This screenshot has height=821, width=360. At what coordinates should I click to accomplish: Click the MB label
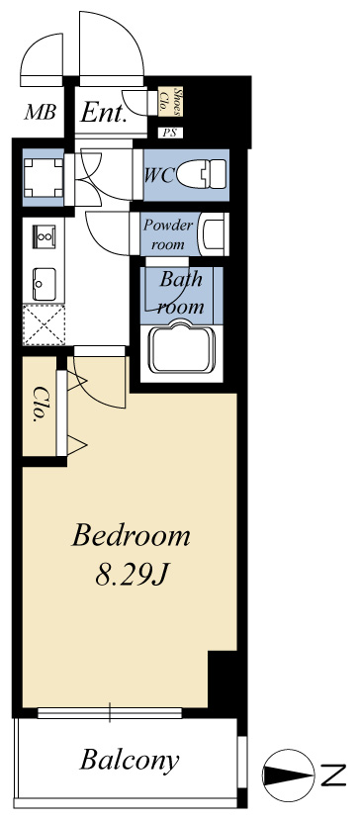pos(41,112)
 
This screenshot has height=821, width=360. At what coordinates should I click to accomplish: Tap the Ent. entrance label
pos(103,112)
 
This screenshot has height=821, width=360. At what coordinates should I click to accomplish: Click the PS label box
pos(170,133)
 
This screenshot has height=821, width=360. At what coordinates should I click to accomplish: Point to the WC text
pos(159,176)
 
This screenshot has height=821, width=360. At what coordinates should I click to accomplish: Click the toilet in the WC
pos(202,173)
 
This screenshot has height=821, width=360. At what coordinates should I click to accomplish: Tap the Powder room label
pos(168,234)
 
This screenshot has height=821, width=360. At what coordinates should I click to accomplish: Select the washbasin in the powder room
pos(213,234)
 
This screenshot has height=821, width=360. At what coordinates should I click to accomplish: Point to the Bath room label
pos(181,292)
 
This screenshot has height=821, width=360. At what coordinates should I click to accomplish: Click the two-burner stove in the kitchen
pos(44,236)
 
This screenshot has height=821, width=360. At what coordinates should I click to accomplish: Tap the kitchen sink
pos(44,284)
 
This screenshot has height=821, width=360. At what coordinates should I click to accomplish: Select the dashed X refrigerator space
pos(44,324)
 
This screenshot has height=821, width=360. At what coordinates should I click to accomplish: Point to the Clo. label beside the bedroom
pos(39,404)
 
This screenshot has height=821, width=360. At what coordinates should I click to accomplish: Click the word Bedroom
pos(131,536)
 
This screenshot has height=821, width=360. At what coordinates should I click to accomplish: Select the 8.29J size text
pos(131,575)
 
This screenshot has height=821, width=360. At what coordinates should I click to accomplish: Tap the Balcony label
pos(130,761)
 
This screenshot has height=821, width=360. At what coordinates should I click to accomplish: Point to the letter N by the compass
pos(333,775)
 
